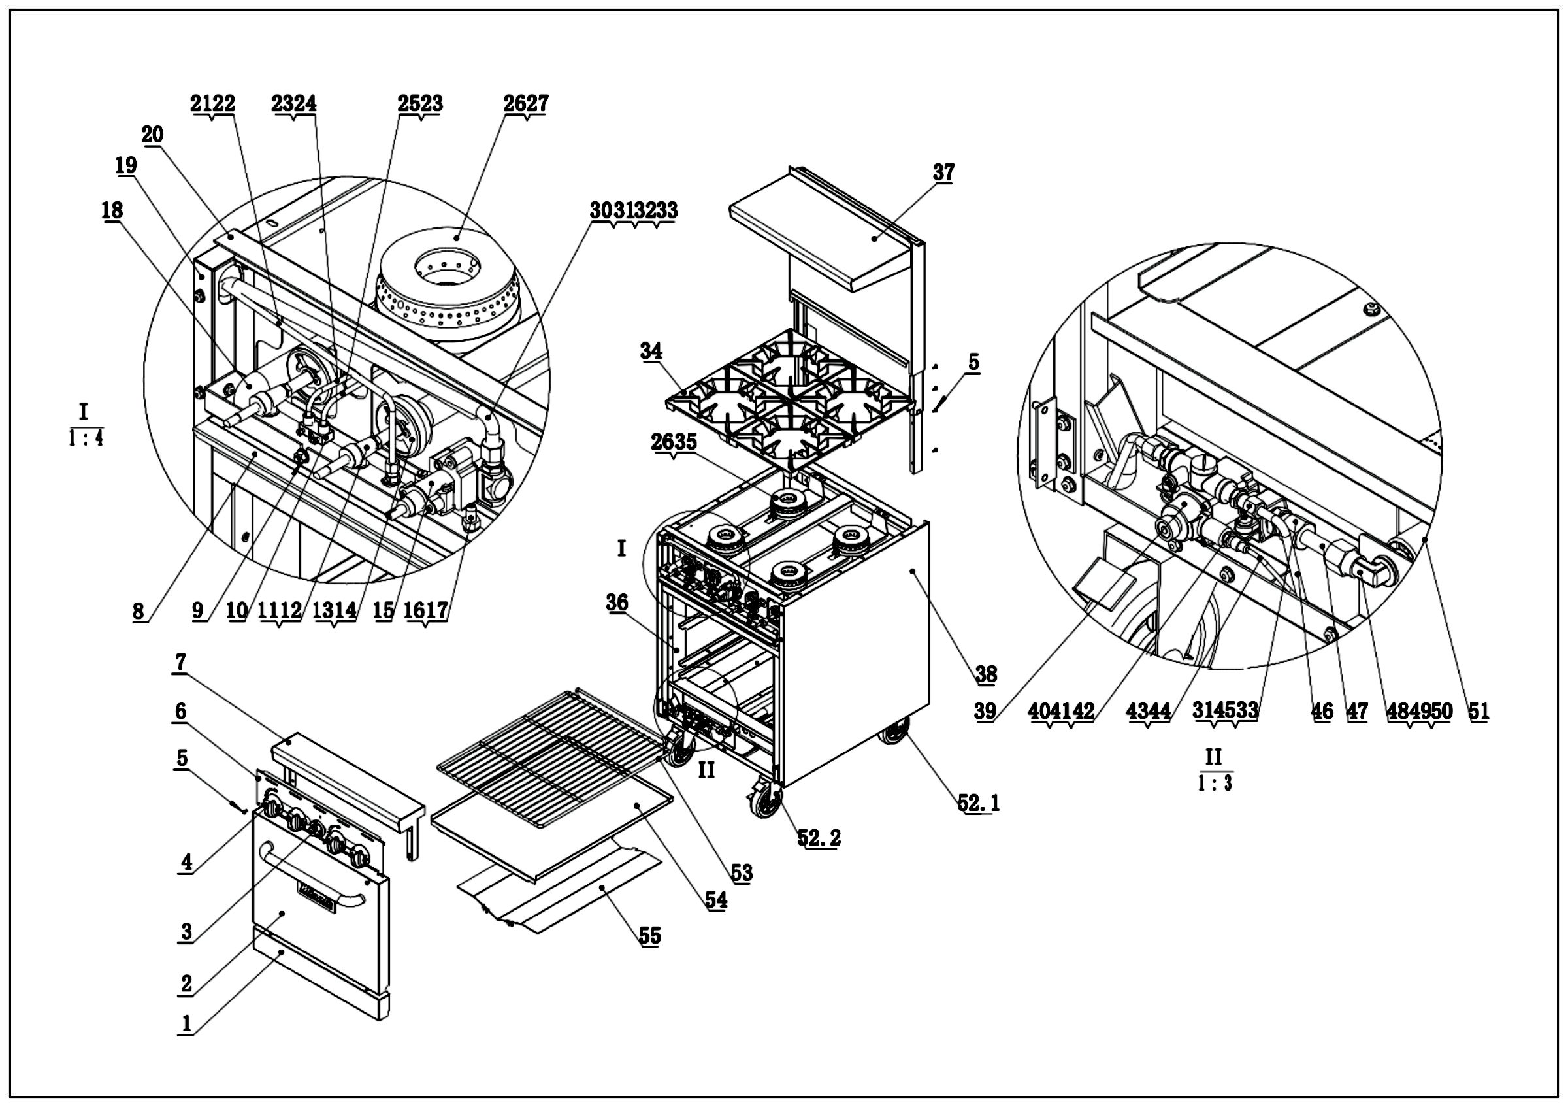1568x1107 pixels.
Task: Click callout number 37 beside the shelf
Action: click(943, 173)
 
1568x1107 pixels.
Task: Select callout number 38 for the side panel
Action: click(985, 674)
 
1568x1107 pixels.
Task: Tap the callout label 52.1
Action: click(978, 803)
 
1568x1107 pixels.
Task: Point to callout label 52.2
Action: click(819, 837)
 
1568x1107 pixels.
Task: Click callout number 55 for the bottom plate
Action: click(649, 936)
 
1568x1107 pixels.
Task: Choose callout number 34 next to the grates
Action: click(651, 351)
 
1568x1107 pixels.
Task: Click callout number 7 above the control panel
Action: click(180, 663)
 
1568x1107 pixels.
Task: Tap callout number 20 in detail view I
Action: click(152, 135)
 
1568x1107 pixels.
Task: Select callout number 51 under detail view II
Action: click(1478, 712)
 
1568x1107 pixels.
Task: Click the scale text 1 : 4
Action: click(86, 438)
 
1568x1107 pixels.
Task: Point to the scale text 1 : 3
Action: click(1215, 783)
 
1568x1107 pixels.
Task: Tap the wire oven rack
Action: click(546, 752)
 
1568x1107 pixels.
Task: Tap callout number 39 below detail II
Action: click(985, 712)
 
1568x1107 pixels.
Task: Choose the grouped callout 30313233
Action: click(634, 211)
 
